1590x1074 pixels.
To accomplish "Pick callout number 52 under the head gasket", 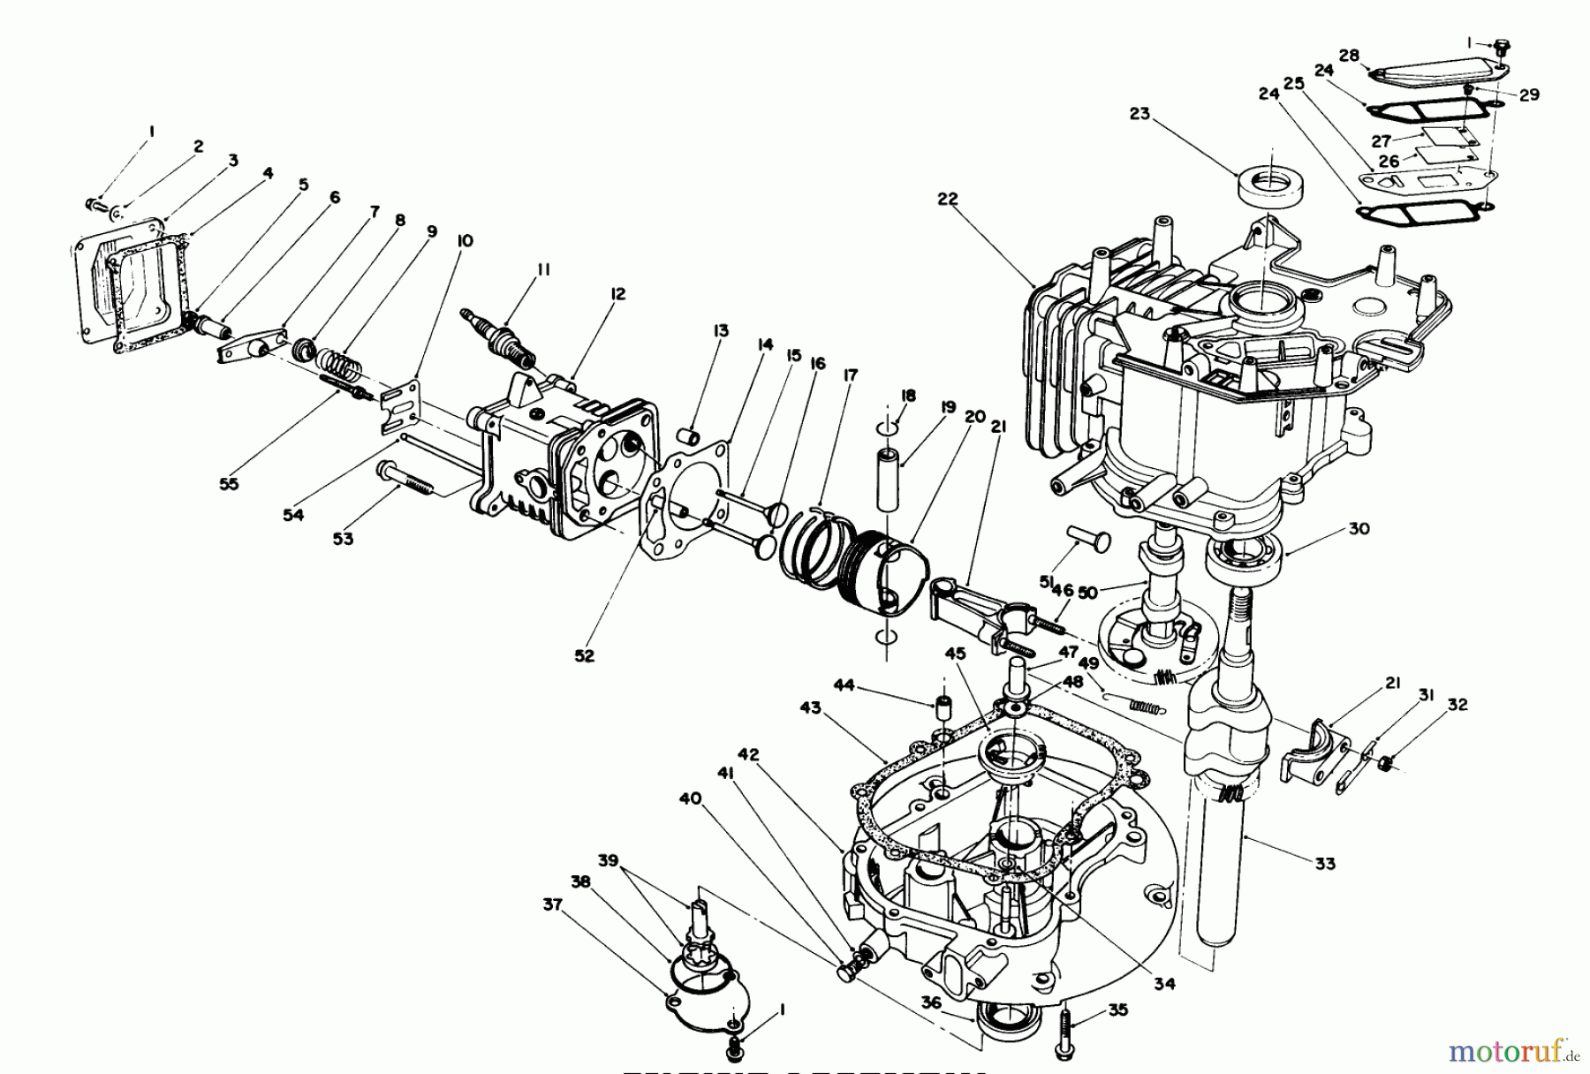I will pyautogui.click(x=584, y=656).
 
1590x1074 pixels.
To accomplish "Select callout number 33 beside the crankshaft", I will pyautogui.click(x=1324, y=864).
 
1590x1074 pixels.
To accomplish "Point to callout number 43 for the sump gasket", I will pyautogui.click(x=810, y=707).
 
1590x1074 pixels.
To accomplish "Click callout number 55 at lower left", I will pyautogui.click(x=229, y=484).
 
